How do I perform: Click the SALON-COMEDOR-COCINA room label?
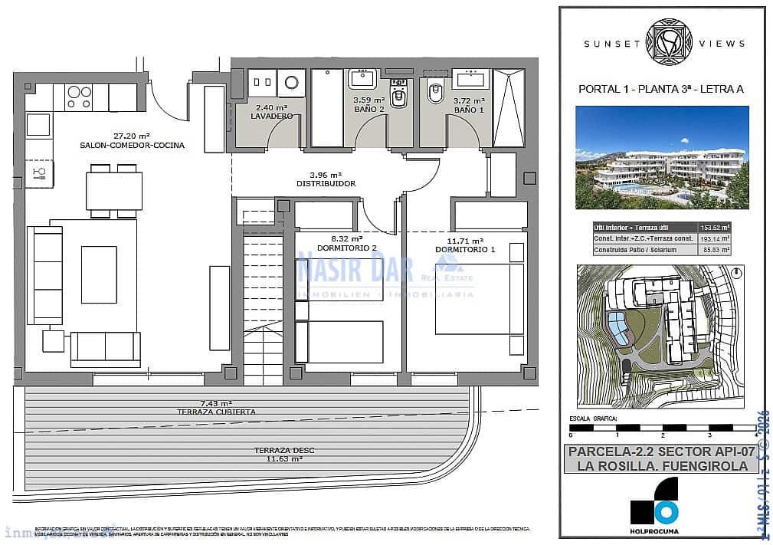(x=132, y=145)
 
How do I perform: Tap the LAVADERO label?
(x=271, y=116)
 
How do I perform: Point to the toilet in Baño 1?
(x=435, y=93)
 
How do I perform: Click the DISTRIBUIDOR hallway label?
(x=326, y=184)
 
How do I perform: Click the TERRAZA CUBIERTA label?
(x=217, y=412)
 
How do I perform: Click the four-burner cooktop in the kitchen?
(x=79, y=96)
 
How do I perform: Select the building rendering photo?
(x=662, y=157)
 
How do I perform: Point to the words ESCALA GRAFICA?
(x=594, y=420)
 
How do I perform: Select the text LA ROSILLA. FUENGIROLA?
(x=663, y=465)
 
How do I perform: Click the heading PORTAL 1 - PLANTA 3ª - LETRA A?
(x=661, y=90)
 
